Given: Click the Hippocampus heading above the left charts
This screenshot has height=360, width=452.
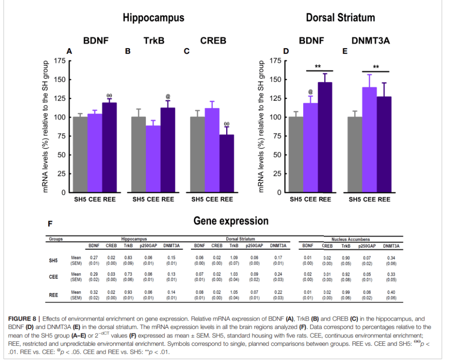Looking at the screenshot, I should point(153,18).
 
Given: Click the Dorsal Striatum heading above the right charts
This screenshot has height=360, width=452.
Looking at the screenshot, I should point(340,18).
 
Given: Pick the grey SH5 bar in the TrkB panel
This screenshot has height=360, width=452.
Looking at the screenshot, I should point(139,154).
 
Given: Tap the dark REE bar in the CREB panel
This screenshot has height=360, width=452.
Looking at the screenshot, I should point(227,163).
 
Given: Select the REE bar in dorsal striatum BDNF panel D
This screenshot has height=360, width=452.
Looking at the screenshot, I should point(325,137).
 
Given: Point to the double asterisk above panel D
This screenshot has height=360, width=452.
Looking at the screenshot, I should point(318,67).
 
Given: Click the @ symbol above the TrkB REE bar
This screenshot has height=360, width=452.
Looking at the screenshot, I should point(168,96).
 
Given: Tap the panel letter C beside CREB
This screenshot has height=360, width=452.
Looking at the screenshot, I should point(187,52).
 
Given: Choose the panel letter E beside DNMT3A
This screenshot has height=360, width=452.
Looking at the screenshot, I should point(345,52).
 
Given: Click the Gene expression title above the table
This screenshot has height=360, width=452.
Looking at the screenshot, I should point(231,221).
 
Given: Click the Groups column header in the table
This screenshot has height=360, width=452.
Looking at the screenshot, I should point(56,239).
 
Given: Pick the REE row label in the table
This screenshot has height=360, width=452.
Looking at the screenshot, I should point(53,295).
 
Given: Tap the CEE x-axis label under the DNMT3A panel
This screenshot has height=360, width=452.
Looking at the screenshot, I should point(370,199).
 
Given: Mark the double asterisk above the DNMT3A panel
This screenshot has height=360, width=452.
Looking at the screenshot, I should point(376,68).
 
